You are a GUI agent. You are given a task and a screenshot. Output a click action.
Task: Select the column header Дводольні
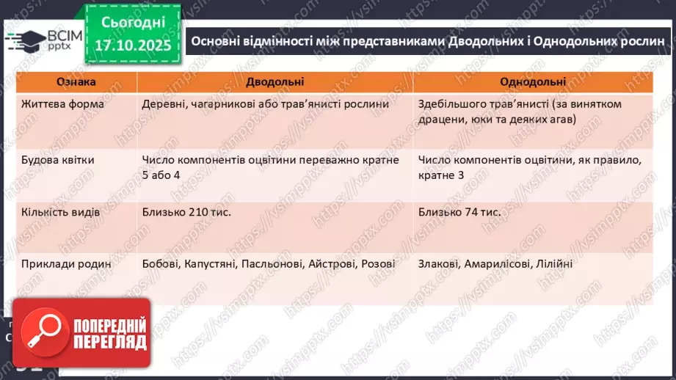275,83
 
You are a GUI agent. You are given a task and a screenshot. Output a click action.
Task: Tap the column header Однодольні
532,83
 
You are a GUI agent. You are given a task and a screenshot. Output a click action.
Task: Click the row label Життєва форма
63,104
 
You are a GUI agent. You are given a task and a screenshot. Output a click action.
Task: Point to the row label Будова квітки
58,158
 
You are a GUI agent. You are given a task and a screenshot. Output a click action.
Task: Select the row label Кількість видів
63,212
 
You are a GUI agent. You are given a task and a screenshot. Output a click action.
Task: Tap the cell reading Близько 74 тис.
460,212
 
